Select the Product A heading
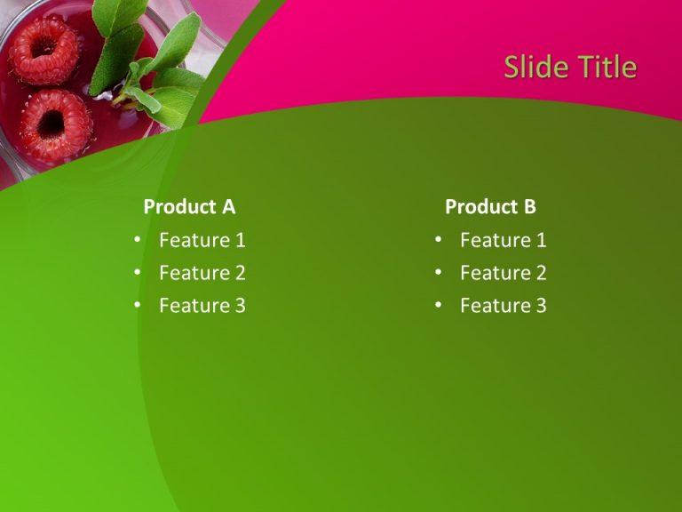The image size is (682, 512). coord(189,207)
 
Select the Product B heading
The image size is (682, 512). coord(490,207)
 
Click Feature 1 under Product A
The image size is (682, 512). coord(202,240)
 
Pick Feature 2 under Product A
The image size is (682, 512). coord(202,273)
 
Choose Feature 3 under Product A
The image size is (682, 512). coord(202,306)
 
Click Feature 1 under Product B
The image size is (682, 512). coord(503,240)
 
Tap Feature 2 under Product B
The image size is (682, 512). coord(503,273)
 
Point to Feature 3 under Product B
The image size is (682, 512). coord(503,306)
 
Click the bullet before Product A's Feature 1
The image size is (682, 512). coord(138,240)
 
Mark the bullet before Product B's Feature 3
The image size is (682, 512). coord(439,306)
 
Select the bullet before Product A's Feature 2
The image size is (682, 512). coord(138,273)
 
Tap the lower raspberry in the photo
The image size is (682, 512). coord(55,124)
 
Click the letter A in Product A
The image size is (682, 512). coord(228,207)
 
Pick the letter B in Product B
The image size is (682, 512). coord(529,207)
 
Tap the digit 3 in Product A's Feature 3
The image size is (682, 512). coord(240,306)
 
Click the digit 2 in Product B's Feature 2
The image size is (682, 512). coord(541,273)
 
